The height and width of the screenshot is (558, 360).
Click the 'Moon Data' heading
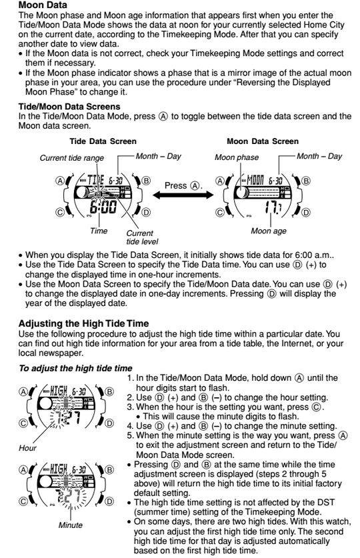coord(43,5)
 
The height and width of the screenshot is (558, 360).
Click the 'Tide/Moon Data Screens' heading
coord(69,107)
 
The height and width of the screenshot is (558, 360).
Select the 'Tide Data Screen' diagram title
coord(103,141)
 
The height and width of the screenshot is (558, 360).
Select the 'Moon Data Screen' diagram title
coord(263,141)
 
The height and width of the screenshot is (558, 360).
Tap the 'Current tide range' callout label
coord(72,158)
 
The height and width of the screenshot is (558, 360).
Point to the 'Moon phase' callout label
coord(237,157)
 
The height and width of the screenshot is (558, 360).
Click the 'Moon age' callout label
coord(269,231)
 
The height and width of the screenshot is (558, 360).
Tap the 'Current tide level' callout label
coord(142,237)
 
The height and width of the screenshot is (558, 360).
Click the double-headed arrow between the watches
coord(183,195)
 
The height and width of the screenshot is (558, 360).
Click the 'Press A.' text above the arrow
coord(183,185)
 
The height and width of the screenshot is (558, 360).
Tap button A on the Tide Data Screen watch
coord(60,181)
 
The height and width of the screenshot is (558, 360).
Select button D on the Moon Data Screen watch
coord(305,213)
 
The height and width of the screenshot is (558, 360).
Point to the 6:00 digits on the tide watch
coord(103,207)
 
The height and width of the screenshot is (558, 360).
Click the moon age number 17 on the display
coord(271,207)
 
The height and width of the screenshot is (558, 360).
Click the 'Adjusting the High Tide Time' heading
coord(83,323)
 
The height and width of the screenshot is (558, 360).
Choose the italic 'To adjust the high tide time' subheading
coord(75,368)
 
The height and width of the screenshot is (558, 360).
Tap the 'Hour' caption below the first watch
coord(27,448)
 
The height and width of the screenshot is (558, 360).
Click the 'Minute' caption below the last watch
coord(71,525)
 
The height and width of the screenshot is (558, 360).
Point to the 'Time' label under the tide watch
coord(99,231)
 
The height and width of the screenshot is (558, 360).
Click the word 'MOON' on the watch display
coord(255,181)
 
